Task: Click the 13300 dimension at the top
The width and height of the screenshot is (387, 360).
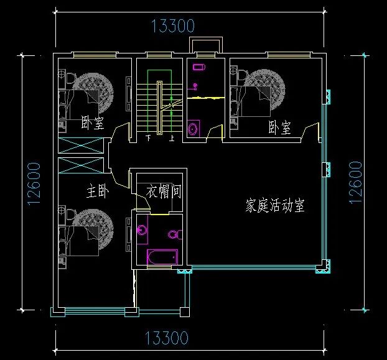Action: point(173,25)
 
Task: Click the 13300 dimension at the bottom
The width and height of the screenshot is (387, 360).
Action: point(166,338)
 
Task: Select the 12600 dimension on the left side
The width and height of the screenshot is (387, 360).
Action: point(34,183)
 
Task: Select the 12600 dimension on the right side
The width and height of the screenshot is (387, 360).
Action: point(355,183)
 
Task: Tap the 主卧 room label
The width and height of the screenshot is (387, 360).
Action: point(98,192)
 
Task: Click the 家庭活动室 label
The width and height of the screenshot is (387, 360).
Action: point(275,206)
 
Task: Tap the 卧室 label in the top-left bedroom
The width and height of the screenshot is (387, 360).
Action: point(92,122)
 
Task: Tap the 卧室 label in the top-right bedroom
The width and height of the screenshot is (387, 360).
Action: point(279,128)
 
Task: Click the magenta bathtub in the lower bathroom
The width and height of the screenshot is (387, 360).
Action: point(162,257)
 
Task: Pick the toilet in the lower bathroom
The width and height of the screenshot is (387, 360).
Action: point(174,235)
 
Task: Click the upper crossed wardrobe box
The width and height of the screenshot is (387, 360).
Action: point(81,147)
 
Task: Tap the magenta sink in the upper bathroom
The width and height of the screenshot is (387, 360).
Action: point(199,66)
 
